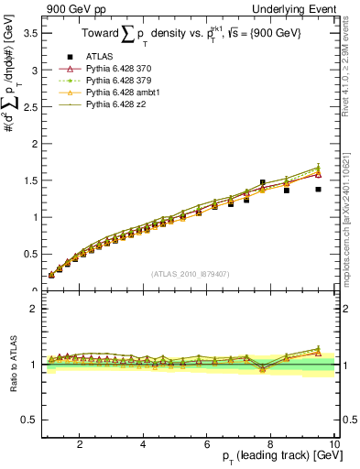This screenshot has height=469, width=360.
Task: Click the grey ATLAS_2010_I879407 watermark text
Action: (x=191, y=273)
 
